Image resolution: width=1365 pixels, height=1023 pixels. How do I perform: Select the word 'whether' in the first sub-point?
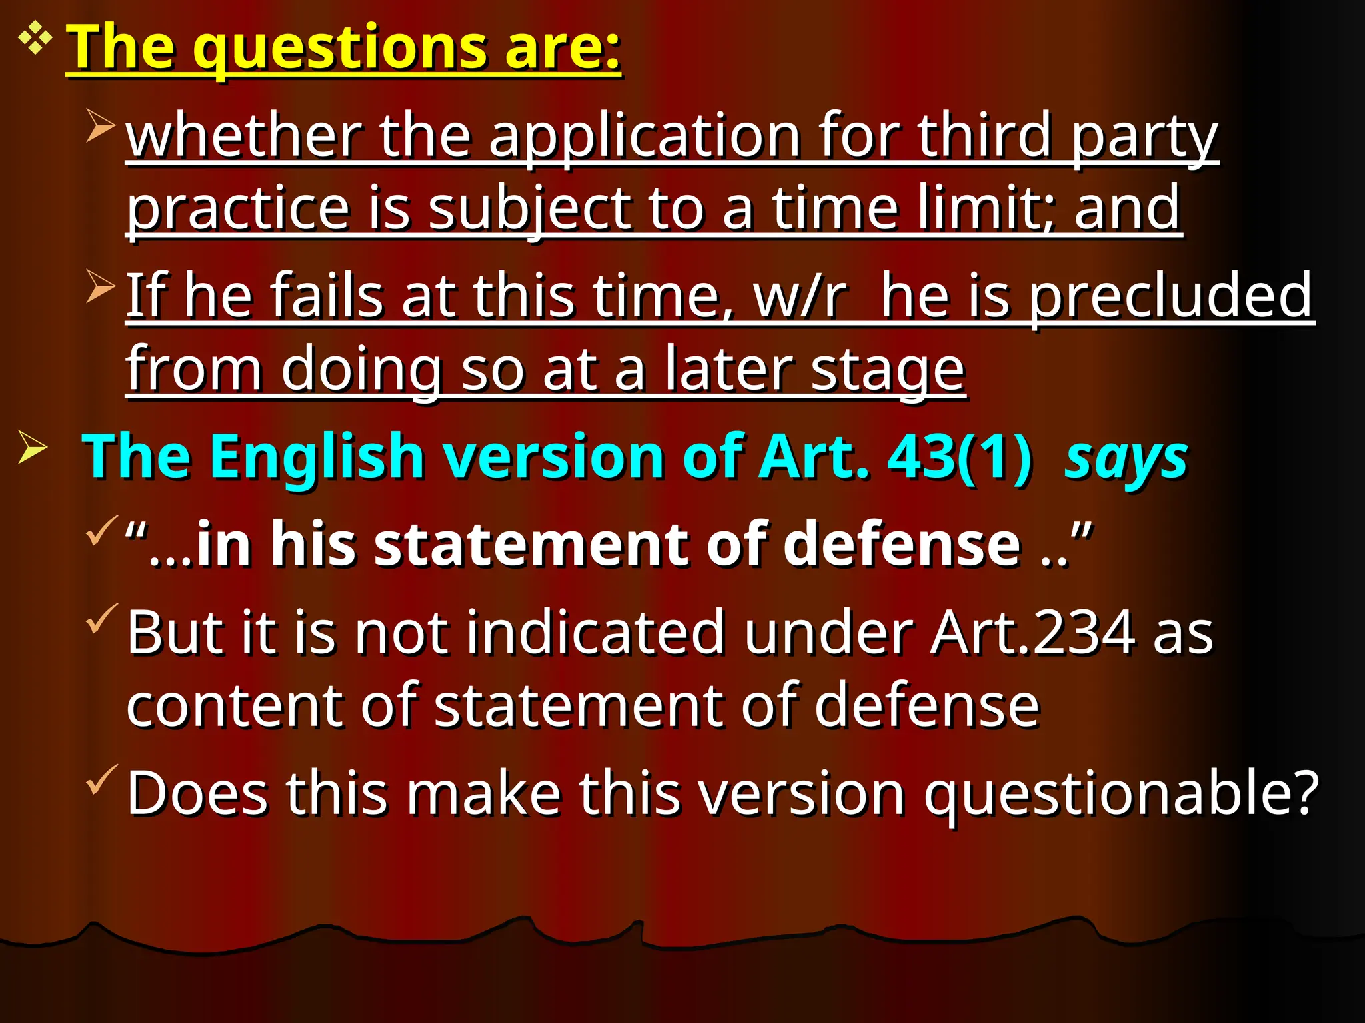(244, 136)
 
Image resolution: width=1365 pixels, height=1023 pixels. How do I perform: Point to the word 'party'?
(1144, 137)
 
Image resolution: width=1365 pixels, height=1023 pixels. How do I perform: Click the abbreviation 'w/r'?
(800, 296)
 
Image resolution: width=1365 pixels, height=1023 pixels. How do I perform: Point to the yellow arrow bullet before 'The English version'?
(32, 447)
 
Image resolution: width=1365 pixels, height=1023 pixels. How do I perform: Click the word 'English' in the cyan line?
(317, 457)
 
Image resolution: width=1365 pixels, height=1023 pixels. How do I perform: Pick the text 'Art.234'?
(1033, 633)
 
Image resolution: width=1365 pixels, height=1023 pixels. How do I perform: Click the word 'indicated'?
(595, 633)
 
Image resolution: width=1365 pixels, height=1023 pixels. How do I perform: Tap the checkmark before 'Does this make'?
(101, 779)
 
